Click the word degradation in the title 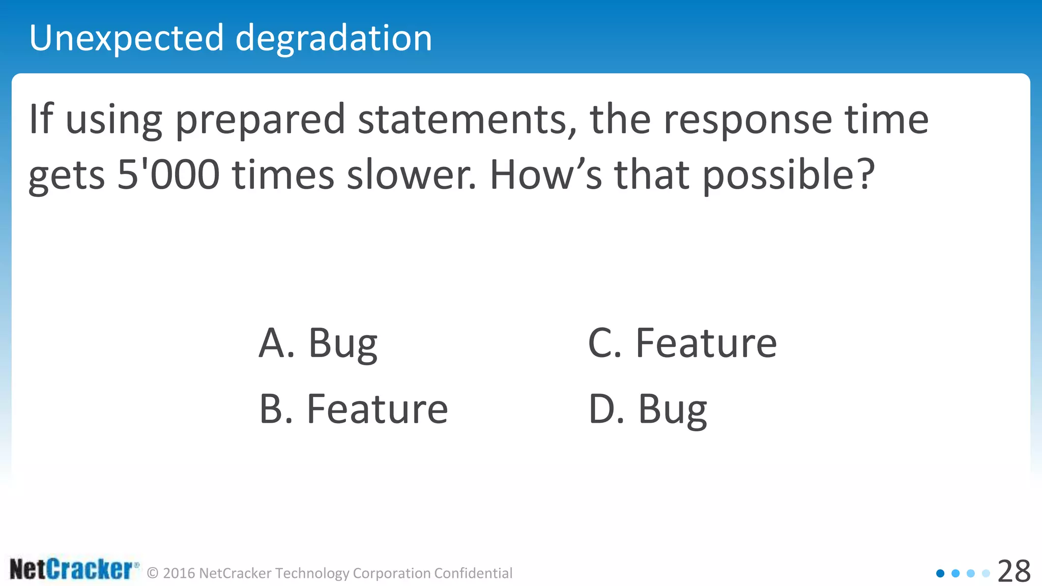[333, 39]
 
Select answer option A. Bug [318, 343]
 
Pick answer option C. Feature [682, 343]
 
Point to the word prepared [260, 120]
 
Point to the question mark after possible [863, 174]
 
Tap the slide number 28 [1014, 572]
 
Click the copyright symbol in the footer [153, 573]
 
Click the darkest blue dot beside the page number [940, 573]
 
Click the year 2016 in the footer [179, 573]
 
